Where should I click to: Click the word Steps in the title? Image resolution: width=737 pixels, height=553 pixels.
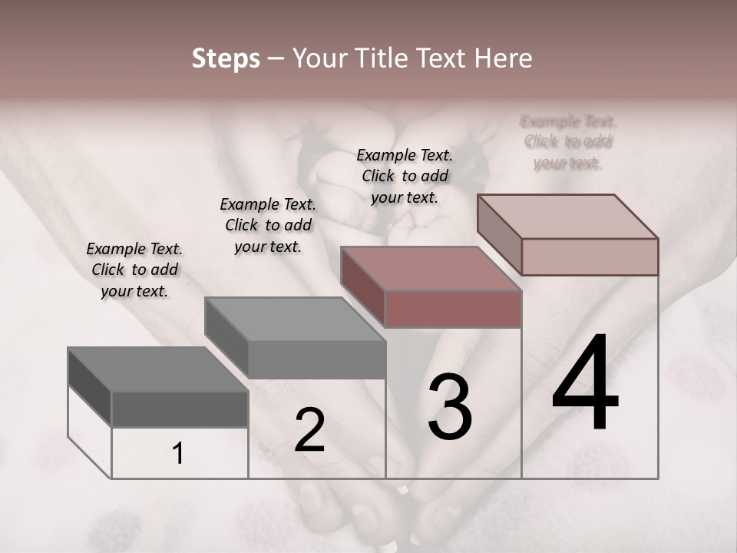click(x=226, y=58)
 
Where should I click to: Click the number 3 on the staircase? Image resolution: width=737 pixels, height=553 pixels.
click(x=450, y=407)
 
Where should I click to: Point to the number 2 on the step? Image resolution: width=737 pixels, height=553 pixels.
click(x=309, y=431)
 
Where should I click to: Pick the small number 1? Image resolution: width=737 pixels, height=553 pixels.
click(x=177, y=454)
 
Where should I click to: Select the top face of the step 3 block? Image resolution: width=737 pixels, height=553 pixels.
click(x=431, y=270)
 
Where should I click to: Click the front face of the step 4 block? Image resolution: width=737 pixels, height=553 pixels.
click(x=590, y=257)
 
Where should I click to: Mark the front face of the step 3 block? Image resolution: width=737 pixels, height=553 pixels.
click(x=453, y=310)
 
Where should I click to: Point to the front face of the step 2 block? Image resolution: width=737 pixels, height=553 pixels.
click(x=317, y=359)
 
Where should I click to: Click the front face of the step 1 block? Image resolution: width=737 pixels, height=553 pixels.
click(x=180, y=409)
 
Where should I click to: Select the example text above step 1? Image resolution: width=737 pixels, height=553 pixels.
click(x=134, y=270)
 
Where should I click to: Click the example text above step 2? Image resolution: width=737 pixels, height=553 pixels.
click(x=268, y=225)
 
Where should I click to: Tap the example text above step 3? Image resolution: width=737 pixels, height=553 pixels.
click(x=405, y=176)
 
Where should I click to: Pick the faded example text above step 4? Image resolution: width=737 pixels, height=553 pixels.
click(x=568, y=142)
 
